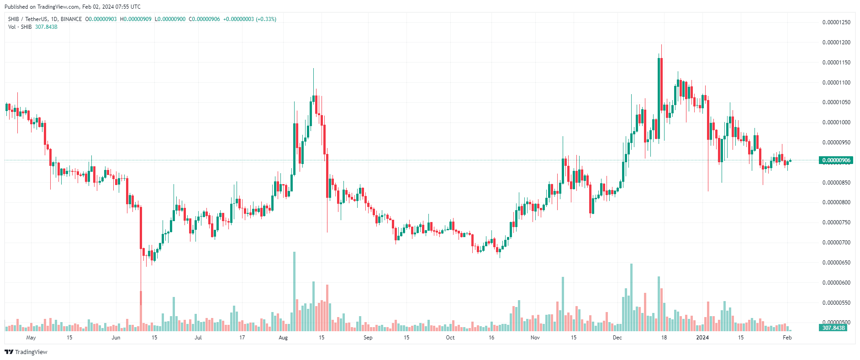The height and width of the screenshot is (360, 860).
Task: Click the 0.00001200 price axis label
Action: pyautogui.click(x=836, y=42)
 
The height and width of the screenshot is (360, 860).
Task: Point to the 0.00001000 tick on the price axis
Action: pyautogui.click(x=836, y=122)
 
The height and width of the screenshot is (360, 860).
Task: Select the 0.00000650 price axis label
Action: pyautogui.click(x=836, y=263)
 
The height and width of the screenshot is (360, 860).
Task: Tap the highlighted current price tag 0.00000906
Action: pyautogui.click(x=836, y=160)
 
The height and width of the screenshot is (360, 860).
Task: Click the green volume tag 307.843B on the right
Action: pyautogui.click(x=834, y=328)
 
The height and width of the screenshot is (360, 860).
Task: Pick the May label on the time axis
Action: pyautogui.click(x=31, y=338)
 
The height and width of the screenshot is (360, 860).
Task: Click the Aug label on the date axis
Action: pyautogui.click(x=283, y=338)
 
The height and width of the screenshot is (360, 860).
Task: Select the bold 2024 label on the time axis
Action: pyautogui.click(x=702, y=338)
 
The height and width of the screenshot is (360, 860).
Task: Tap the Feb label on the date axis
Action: pyautogui.click(x=787, y=338)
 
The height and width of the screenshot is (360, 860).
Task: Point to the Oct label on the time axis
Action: pyautogui.click(x=450, y=338)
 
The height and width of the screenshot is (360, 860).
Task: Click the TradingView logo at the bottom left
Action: pyautogui.click(x=26, y=352)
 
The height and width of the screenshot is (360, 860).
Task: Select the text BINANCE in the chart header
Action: pyautogui.click(x=71, y=19)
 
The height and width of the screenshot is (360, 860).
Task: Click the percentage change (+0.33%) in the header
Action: pyautogui.click(x=266, y=19)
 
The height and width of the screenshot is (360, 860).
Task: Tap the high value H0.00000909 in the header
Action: pyautogui.click(x=136, y=19)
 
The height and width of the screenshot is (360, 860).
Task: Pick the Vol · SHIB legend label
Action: pyautogui.click(x=20, y=27)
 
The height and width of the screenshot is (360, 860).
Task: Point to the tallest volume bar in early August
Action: pyautogui.click(x=294, y=291)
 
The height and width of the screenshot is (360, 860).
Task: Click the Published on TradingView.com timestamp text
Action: pyautogui.click(x=73, y=7)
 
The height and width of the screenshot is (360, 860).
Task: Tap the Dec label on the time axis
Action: pyautogui.click(x=617, y=338)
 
